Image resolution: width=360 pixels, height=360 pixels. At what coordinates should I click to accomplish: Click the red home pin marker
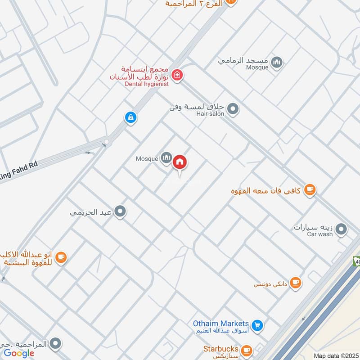(x=180, y=162)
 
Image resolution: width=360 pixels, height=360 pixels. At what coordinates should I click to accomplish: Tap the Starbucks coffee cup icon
(x=246, y=350)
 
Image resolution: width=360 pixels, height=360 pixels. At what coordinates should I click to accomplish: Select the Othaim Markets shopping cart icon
(x=257, y=324)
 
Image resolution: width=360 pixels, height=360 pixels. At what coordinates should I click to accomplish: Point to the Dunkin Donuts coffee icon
(x=295, y=282)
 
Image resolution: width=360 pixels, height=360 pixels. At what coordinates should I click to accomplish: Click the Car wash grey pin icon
(x=342, y=229)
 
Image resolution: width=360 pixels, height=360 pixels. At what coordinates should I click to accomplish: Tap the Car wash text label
(x=320, y=234)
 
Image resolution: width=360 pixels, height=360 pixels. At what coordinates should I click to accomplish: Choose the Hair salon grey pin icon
(x=233, y=108)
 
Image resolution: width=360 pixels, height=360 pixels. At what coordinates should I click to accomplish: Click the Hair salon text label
(x=210, y=114)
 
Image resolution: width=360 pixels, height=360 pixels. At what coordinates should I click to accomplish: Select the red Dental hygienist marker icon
(x=177, y=75)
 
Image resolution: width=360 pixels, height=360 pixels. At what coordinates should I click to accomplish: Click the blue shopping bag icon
(x=130, y=117)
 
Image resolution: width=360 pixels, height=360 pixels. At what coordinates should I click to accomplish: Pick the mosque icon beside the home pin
(x=166, y=157)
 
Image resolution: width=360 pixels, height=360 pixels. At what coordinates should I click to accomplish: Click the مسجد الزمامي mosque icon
(x=278, y=63)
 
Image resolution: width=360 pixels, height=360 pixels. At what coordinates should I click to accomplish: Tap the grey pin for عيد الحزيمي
(x=120, y=211)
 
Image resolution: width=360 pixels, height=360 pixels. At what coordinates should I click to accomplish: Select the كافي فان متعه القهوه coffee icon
(x=310, y=190)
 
